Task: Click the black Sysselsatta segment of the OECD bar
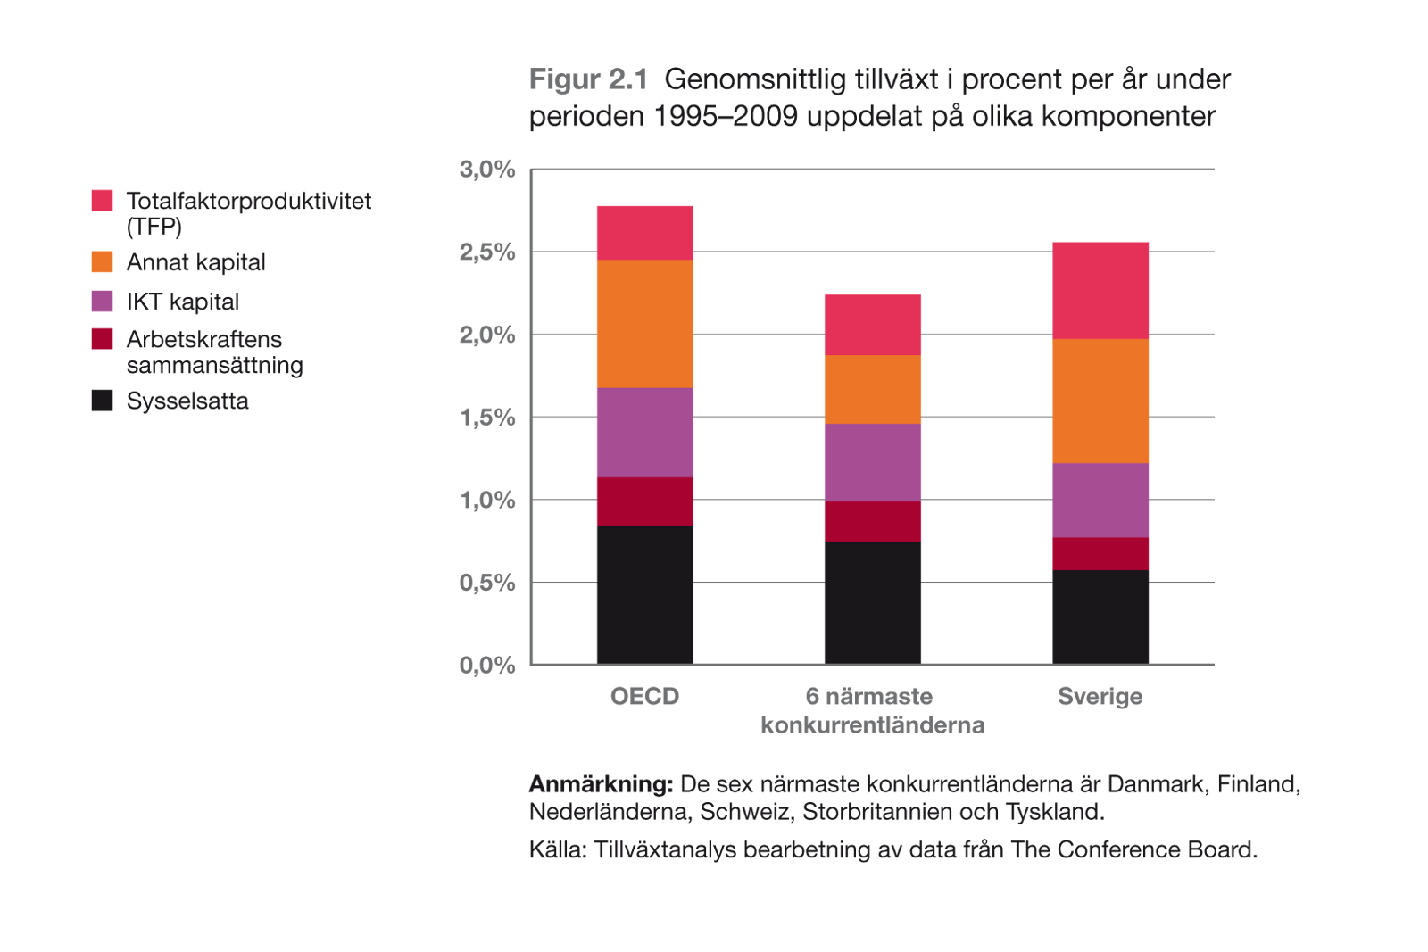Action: [644, 594]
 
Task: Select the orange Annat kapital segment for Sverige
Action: [1100, 401]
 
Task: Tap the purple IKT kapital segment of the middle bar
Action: [872, 462]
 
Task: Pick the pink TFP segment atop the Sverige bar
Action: [1100, 290]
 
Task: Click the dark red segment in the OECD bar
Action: [644, 501]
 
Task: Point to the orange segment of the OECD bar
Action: [644, 323]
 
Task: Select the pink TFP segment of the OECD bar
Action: [644, 233]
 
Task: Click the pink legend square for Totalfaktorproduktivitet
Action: [103, 200]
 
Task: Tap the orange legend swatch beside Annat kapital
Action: [103, 261]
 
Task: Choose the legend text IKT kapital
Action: [183, 302]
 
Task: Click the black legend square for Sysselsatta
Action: [103, 400]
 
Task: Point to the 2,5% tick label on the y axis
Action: [487, 252]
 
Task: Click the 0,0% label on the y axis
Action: [487, 665]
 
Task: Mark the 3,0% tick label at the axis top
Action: [487, 169]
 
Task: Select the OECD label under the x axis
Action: [644, 696]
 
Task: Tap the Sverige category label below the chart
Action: [1100, 696]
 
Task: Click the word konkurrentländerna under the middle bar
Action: [872, 724]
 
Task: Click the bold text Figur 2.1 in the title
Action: [588, 79]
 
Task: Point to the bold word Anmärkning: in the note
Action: [601, 784]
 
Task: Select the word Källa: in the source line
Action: [558, 849]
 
